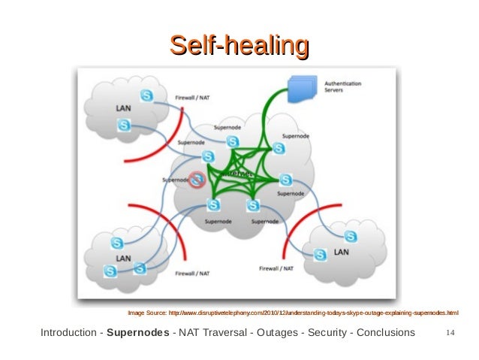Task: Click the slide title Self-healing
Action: coord(239,45)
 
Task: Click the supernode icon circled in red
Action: coord(197,180)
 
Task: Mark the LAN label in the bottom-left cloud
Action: coord(122,257)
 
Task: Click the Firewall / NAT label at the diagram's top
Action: coord(193,98)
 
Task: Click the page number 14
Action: coord(450,333)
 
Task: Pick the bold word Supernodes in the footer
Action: coord(138,333)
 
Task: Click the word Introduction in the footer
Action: coord(67,333)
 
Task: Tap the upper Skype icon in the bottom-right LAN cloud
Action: coord(351,237)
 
